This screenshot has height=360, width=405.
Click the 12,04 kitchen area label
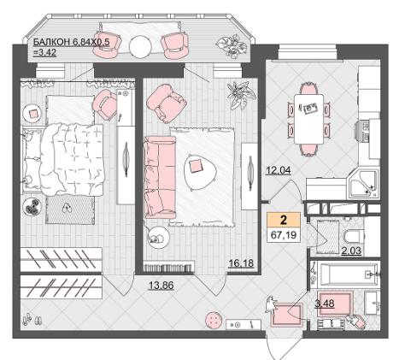[x=279, y=170]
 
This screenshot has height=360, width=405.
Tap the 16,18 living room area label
[x=241, y=263]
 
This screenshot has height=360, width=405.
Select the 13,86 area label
[x=161, y=285]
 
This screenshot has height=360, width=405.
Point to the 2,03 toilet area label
[x=351, y=251]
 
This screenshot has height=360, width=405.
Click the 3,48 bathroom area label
[x=325, y=304]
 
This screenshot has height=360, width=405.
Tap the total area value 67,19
[x=284, y=235]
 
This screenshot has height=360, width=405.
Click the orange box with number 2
[x=284, y=220]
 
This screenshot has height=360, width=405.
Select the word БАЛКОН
[x=52, y=42]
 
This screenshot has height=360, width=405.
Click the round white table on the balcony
[x=140, y=47]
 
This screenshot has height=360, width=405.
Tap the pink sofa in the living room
[x=160, y=177]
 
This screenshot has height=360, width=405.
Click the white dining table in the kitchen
[x=308, y=119]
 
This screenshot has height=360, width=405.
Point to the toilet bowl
[x=353, y=237]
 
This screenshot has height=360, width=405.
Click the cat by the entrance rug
[x=270, y=305]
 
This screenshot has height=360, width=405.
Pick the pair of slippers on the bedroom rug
[x=67, y=208]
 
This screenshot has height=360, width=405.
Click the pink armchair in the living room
[x=167, y=103]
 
